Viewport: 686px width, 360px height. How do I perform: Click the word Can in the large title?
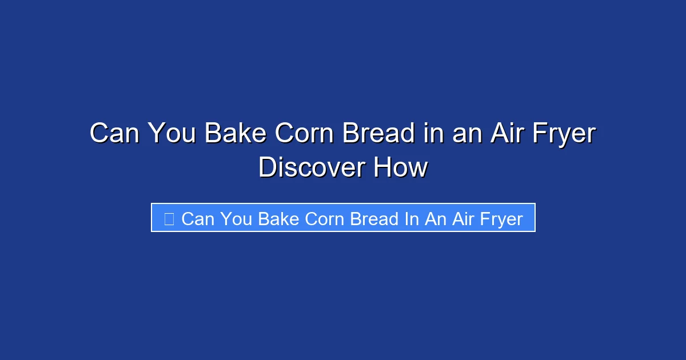pos(114,134)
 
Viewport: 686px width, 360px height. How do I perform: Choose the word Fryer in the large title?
pos(563,134)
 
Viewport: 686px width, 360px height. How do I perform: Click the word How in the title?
pos(401,168)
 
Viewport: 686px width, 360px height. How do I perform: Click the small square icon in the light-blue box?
pos(169,218)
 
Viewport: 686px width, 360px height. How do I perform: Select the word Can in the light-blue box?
pos(198,218)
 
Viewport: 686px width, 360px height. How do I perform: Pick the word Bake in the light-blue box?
pos(278,218)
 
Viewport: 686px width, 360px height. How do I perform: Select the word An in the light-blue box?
pos(436,218)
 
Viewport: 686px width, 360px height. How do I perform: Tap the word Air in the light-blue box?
pos(464,218)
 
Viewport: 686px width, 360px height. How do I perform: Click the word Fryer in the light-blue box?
pos(502,218)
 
